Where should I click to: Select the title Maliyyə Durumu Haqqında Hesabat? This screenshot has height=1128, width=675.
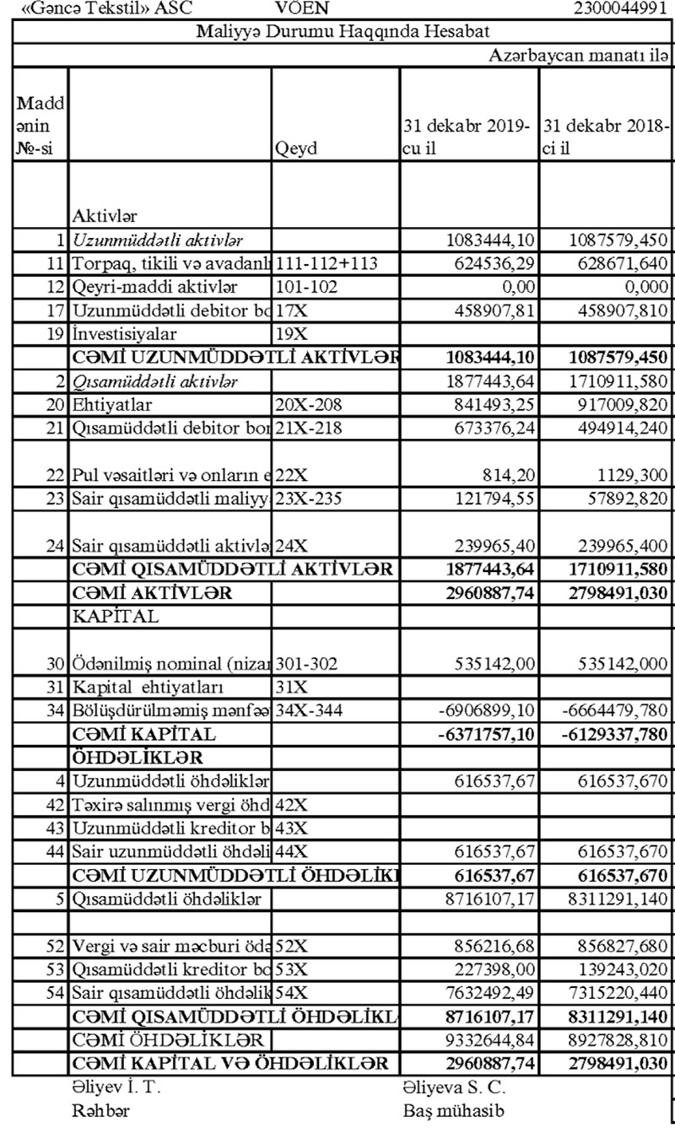[x=343, y=33]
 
